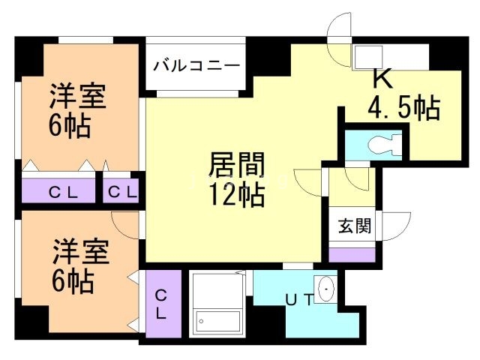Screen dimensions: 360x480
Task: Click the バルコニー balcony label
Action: pyautogui.click(x=197, y=66)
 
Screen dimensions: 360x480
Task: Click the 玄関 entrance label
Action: pyautogui.click(x=351, y=225)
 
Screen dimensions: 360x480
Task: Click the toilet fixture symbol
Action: pyautogui.click(x=385, y=142)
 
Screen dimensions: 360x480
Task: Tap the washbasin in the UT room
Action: pyautogui.click(x=328, y=289)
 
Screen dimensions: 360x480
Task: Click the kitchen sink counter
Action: pyautogui.click(x=379, y=57)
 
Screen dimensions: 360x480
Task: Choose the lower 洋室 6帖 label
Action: pyautogui.click(x=78, y=266)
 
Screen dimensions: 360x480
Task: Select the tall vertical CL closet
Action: pyautogui.click(x=162, y=304)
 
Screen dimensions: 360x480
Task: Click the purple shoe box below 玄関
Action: pyautogui.click(x=352, y=254)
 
